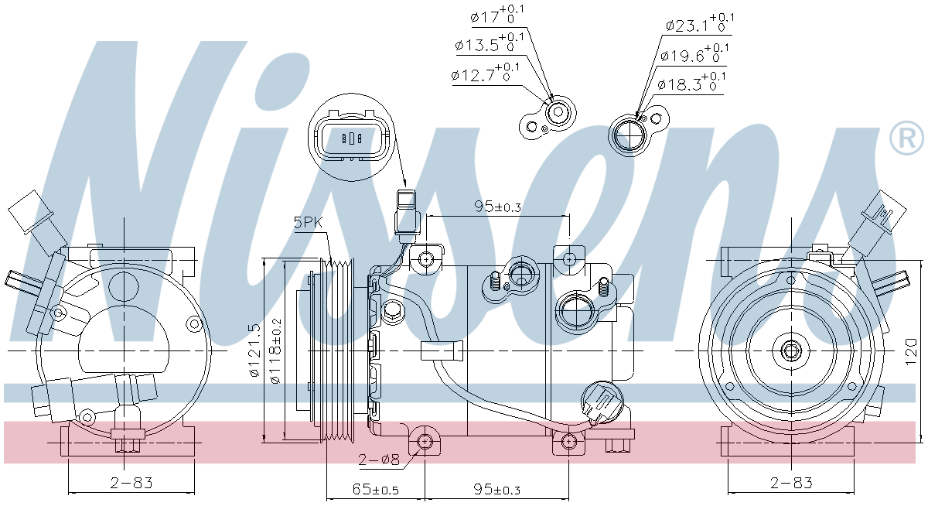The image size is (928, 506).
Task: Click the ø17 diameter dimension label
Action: click(497, 15)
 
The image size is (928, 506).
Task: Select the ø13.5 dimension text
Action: click(490, 43)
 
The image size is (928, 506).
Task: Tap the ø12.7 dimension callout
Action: click(485, 74)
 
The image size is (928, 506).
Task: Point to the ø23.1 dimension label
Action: click(700, 24)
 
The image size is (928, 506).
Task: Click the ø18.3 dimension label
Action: click(691, 83)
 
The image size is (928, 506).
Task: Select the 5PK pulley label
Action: click(308, 223)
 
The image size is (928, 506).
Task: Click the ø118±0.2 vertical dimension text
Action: click(275, 350)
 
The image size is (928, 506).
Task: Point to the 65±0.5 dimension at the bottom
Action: click(375, 489)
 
